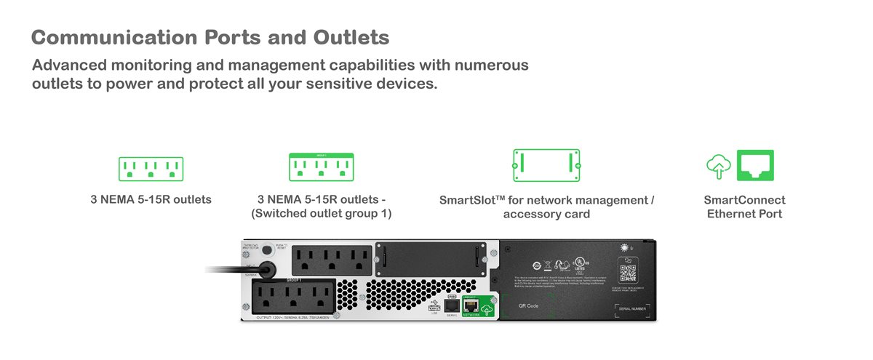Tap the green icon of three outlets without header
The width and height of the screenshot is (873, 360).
pyautogui.click(x=151, y=169)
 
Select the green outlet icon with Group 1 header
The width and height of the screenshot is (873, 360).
pyautogui.click(x=321, y=167)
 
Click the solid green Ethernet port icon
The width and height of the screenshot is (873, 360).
pyautogui.click(x=755, y=166)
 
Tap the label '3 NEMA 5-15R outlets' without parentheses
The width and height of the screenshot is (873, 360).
pyautogui.click(x=151, y=199)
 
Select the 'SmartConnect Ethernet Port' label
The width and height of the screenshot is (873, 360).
pyautogui.click(x=744, y=207)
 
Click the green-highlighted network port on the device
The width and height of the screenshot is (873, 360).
pyautogui.click(x=471, y=305)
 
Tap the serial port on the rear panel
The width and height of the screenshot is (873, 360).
pyautogui.click(x=451, y=305)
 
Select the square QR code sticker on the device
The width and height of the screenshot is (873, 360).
pyautogui.click(x=627, y=273)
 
